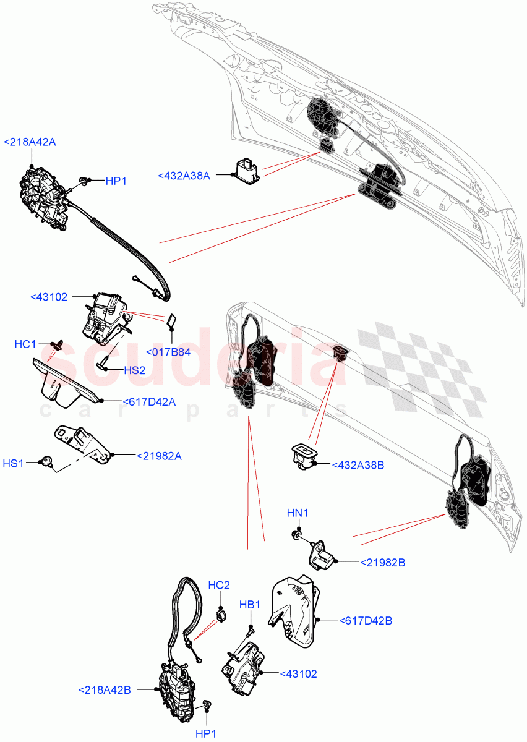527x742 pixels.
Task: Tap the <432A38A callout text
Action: click(x=184, y=176)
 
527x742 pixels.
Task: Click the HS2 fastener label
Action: click(x=134, y=370)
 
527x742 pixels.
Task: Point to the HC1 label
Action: click(x=25, y=343)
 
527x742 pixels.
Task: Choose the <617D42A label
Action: click(x=149, y=402)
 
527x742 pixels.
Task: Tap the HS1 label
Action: click(x=14, y=463)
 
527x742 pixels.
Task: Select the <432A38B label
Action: click(x=358, y=464)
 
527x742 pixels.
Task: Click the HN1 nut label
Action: click(x=296, y=513)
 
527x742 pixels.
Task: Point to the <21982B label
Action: click(x=383, y=563)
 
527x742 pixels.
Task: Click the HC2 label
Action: click(x=219, y=585)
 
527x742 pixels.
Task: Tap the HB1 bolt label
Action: click(x=250, y=604)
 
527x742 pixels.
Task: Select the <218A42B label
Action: click(x=105, y=689)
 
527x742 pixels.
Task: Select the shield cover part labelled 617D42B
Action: click(x=296, y=610)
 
